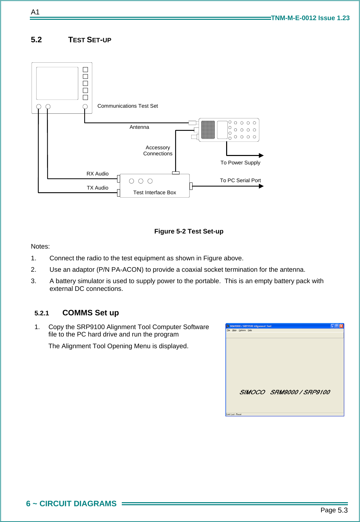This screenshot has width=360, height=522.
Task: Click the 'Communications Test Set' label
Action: pyautogui.click(x=127, y=106)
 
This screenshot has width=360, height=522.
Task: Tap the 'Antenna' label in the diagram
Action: pyautogui.click(x=139, y=127)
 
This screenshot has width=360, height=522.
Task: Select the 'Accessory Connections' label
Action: pyautogui.click(x=158, y=151)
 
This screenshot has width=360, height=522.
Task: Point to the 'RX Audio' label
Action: pyautogui.click(x=97, y=174)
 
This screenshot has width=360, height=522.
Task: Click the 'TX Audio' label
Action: pyautogui.click(x=97, y=188)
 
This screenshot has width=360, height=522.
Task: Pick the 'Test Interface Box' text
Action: pyautogui.click(x=154, y=193)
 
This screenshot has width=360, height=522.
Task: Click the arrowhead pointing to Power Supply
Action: pyautogui.click(x=261, y=155)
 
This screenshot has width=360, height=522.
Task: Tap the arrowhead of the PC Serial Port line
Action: pyautogui.click(x=261, y=186)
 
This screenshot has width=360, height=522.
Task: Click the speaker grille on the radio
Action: pyautogui.click(x=208, y=130)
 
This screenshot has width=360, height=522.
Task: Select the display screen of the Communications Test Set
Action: pyautogui.click(x=57, y=83)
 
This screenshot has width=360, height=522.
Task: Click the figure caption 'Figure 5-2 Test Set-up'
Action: pyautogui.click(x=189, y=231)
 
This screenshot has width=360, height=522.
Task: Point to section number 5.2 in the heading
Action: pyautogui.click(x=36, y=40)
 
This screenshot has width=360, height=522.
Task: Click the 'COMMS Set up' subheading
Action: pyautogui.click(x=91, y=313)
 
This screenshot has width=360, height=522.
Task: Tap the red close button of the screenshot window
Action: pyautogui.click(x=341, y=326)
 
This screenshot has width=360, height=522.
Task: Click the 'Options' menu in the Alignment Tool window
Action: pyautogui.click(x=242, y=330)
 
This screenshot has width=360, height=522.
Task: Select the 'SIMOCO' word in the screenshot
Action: pyautogui.click(x=252, y=392)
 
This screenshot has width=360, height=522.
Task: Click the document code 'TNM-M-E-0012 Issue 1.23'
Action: pyautogui.click(x=310, y=18)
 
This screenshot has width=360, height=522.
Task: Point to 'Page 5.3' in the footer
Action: pyautogui.click(x=334, y=510)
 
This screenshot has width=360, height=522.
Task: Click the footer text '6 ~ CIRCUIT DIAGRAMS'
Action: pyautogui.click(x=71, y=504)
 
